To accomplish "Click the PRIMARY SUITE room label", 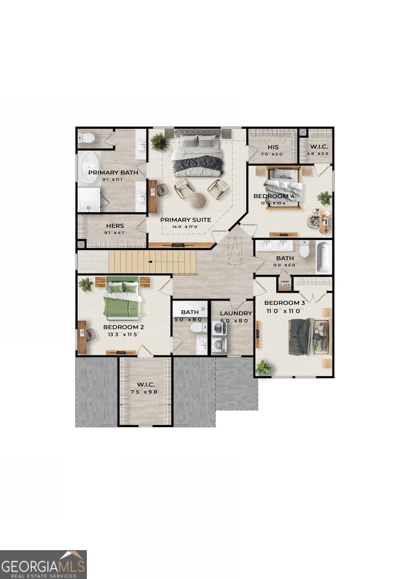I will (185, 220).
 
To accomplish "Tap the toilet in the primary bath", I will (86, 138).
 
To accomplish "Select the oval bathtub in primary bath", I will (88, 168).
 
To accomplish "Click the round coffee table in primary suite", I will (198, 200).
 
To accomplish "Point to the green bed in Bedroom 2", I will (123, 301).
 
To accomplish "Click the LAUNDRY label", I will (236, 313).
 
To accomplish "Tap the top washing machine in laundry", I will (219, 328).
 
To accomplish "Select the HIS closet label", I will (273, 147).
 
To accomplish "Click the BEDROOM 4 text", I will (273, 196).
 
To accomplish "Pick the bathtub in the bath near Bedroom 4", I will (324, 257).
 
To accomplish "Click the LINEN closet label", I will (285, 282).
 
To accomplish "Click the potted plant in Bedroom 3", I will (263, 367).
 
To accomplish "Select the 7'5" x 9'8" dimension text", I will (146, 392).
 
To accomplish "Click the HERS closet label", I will (115, 226).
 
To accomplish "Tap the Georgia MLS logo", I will (43, 564).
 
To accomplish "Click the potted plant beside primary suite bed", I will (159, 142).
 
